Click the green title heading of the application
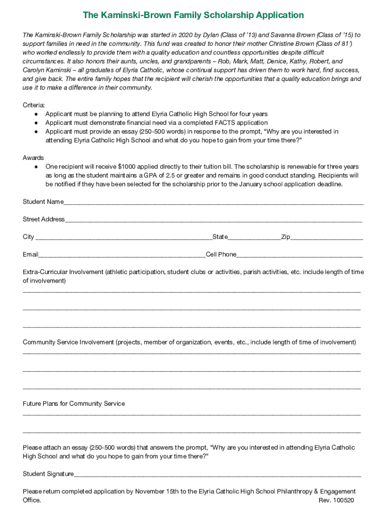click(x=193, y=15)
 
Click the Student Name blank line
click(x=213, y=202)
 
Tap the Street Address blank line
click(x=213, y=220)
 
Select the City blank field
click(x=123, y=237)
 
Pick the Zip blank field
click(x=326, y=237)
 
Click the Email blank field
click(x=122, y=255)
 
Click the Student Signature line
click(x=217, y=474)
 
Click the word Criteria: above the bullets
click(x=34, y=105)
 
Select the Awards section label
click(x=33, y=158)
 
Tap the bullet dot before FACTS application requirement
click(x=36, y=123)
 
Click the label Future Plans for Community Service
click(x=74, y=404)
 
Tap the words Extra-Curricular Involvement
click(x=63, y=272)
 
